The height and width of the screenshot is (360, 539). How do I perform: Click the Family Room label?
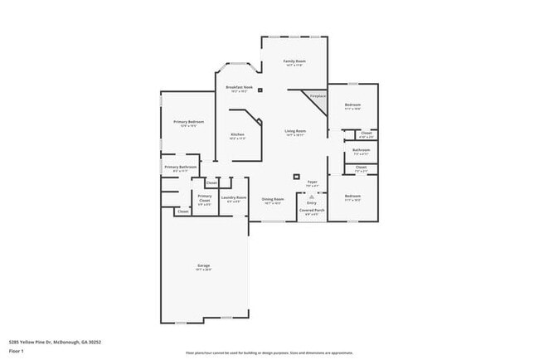coord(294,61)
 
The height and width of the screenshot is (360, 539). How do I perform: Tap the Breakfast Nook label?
coord(239,87)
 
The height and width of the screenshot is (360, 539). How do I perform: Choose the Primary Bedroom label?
coord(189,122)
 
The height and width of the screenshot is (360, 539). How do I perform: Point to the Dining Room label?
coord(274,199)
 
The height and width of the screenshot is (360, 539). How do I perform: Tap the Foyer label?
coord(313,182)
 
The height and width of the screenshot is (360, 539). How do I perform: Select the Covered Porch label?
coord(313,211)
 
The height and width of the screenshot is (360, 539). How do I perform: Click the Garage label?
coord(203,265)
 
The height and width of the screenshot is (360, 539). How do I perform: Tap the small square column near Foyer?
coord(296,175)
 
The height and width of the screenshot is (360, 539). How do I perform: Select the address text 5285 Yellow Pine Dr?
coord(41,341)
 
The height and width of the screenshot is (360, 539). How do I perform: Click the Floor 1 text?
coord(16,352)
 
